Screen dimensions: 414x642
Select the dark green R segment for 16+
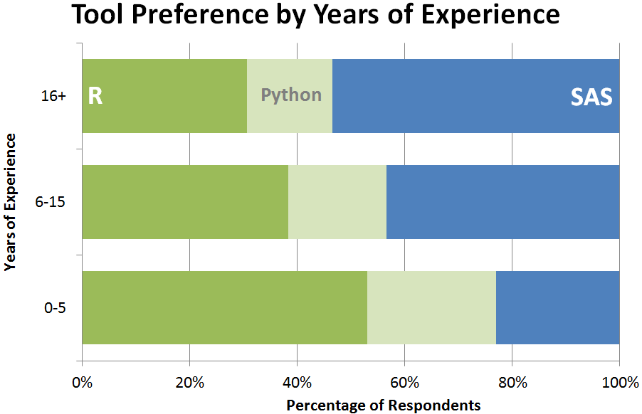(164, 96)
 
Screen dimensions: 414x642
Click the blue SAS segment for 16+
(475, 96)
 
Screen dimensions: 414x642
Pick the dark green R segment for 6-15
(185, 202)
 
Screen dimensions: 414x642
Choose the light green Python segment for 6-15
(337, 202)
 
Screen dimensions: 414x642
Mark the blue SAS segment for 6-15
(502, 202)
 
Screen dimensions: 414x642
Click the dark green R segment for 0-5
(225, 307)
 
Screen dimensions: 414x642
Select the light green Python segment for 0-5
(431, 307)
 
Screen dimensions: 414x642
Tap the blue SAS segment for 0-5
(557, 307)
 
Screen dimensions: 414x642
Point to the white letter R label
(95, 96)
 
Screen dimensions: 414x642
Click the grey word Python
(291, 95)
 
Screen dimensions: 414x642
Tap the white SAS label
(591, 97)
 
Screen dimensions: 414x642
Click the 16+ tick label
(54, 97)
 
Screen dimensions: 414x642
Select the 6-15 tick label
(51, 202)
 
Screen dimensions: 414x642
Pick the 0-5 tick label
(54, 308)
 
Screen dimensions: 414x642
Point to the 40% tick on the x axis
(297, 383)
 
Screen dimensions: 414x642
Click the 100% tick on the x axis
(619, 383)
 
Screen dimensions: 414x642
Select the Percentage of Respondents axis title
(383, 405)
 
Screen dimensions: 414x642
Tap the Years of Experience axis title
(10, 202)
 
